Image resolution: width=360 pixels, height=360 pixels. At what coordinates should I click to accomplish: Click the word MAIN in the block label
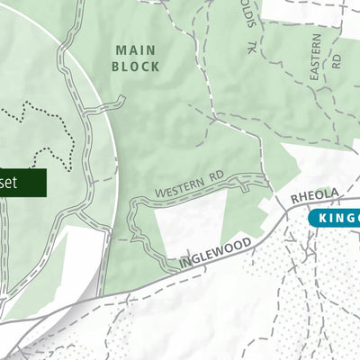click(x=136, y=50)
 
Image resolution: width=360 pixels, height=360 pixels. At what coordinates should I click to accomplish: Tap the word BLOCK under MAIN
click(x=136, y=67)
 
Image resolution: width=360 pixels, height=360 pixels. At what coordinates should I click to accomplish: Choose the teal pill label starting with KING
click(x=334, y=219)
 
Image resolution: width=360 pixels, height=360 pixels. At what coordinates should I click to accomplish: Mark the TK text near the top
click(x=253, y=48)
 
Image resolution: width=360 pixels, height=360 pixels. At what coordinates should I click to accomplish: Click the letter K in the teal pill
click(x=319, y=219)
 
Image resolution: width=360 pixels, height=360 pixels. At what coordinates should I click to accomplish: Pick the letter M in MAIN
click(x=121, y=50)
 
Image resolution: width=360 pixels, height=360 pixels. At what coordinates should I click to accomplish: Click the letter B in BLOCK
click(x=116, y=67)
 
